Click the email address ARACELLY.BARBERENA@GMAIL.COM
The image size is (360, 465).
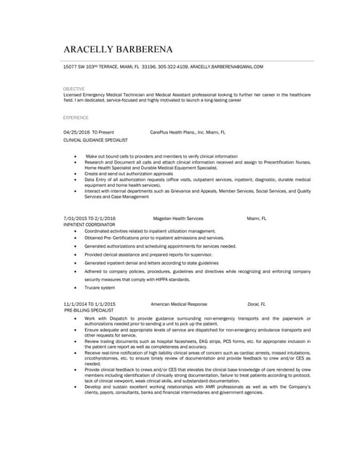click(227, 66)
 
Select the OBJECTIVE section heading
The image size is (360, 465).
click(74, 89)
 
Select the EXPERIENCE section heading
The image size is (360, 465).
click(76, 117)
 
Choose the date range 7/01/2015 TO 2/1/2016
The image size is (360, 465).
click(89, 218)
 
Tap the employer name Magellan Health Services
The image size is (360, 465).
click(178, 218)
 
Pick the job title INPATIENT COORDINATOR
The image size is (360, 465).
click(89, 225)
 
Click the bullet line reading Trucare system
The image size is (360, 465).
click(100, 287)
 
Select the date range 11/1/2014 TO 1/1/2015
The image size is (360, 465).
click(90, 304)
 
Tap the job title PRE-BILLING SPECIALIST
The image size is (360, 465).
click(89, 310)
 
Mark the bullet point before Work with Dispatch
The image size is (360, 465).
click(76, 318)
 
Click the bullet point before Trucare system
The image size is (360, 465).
click(76, 287)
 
